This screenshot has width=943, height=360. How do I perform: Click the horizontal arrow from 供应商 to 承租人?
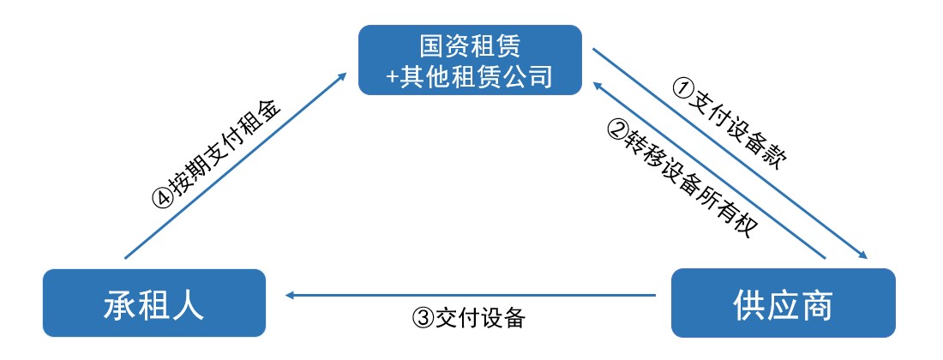pyautogui.click(x=471, y=296)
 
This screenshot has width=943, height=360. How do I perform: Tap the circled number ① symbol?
pyautogui.click(x=682, y=86)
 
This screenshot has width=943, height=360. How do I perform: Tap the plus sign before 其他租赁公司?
pyautogui.click(x=392, y=76)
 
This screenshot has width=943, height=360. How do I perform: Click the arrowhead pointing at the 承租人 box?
pyautogui.click(x=291, y=296)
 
